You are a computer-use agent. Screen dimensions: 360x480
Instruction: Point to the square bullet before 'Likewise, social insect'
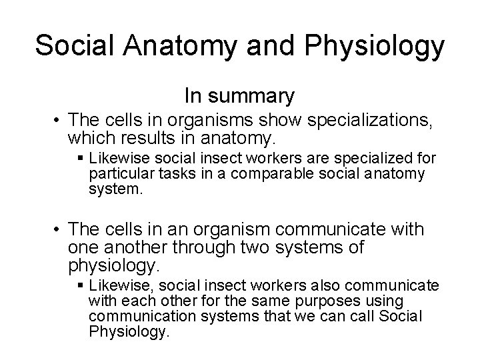coord(81,286)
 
